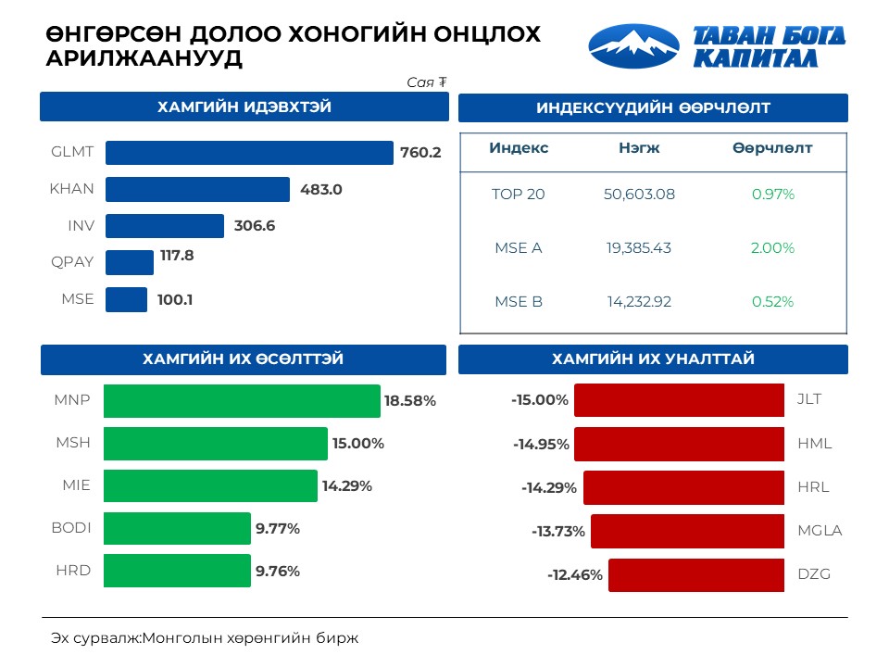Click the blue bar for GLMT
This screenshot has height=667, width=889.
click(x=249, y=153)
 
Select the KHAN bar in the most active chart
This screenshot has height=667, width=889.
click(x=197, y=190)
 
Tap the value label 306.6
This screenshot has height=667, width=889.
click(x=254, y=226)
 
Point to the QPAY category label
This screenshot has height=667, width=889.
click(x=72, y=262)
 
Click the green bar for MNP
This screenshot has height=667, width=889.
click(x=242, y=401)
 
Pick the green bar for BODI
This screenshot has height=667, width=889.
click(x=177, y=529)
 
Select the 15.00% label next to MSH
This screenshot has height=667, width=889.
click(x=358, y=444)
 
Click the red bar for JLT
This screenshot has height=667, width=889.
click(x=679, y=401)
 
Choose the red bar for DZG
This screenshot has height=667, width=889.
click(x=696, y=574)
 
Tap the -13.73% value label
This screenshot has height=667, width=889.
click(x=558, y=532)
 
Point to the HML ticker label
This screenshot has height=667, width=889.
click(x=814, y=444)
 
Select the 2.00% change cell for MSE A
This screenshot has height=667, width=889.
click(x=773, y=248)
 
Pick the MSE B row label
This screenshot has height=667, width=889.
click(x=518, y=301)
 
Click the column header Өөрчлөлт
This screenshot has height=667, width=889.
click(x=772, y=148)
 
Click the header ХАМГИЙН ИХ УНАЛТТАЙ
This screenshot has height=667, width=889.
click(x=653, y=359)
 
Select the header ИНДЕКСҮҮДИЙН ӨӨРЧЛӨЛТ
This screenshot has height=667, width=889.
click(x=653, y=108)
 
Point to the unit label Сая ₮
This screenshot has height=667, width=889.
click(x=427, y=82)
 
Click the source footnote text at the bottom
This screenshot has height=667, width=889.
click(x=204, y=638)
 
